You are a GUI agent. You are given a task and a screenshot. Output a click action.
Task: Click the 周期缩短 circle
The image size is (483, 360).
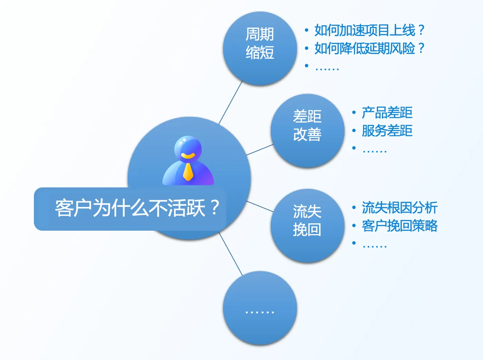(260, 48)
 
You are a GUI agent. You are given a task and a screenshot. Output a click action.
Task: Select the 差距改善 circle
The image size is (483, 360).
(308, 131)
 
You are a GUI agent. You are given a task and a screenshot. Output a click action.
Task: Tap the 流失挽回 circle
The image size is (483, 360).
(308, 226)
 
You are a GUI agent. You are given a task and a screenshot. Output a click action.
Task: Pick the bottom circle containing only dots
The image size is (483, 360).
(260, 308)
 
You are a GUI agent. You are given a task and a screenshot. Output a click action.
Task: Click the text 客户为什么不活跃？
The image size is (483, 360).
(137, 208)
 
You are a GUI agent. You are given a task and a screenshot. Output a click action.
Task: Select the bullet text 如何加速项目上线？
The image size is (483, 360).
(369, 30)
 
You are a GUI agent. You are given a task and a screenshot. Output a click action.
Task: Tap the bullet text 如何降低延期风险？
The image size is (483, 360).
(369, 48)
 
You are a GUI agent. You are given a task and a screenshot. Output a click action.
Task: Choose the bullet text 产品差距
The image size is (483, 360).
(387, 113)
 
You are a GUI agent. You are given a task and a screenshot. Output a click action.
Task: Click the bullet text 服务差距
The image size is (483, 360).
(387, 131)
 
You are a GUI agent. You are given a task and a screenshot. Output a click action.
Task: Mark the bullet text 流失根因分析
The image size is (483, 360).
(400, 208)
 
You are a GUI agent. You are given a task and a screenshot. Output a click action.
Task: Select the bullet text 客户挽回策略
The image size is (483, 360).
(400, 226)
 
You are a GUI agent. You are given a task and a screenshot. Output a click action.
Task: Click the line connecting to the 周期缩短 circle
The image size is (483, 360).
(230, 102)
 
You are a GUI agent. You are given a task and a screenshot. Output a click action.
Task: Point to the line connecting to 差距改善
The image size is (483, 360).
(260, 150)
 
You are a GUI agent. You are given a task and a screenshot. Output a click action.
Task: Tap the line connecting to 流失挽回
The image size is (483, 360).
(260, 206)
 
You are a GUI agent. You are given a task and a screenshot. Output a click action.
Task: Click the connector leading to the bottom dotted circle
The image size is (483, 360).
(230, 254)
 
